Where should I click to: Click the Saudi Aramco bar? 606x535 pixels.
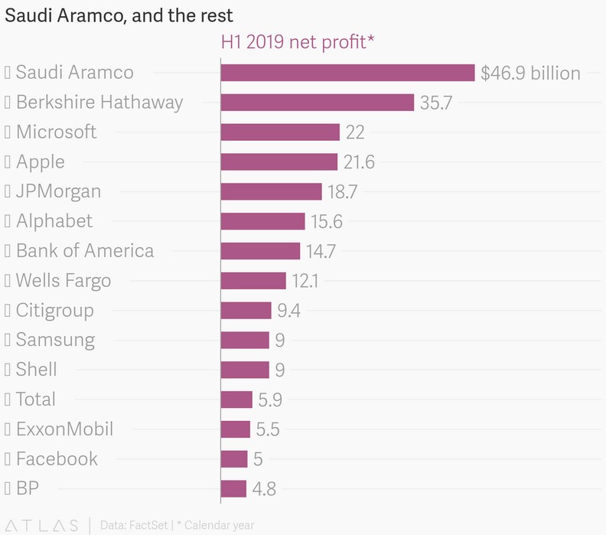[x=347, y=73]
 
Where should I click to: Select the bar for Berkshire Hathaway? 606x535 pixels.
[x=317, y=103]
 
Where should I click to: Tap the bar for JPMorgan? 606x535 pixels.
[x=271, y=191]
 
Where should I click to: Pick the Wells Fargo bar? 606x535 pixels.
[x=253, y=281]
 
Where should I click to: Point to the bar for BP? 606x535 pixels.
[x=233, y=488]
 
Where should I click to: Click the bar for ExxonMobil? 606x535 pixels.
[x=236, y=429]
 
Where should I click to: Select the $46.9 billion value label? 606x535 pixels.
[x=530, y=73]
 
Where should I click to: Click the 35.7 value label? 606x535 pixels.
[x=436, y=103]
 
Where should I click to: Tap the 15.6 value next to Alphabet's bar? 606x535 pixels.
[x=326, y=222]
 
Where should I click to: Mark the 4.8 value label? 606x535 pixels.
[x=264, y=489]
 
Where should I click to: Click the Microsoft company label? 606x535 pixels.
[x=56, y=132]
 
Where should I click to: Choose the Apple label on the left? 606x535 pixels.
[x=40, y=161]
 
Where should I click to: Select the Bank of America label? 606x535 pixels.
[x=84, y=251]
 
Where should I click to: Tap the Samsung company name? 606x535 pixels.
[x=55, y=340]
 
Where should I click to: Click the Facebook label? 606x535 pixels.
[x=57, y=458]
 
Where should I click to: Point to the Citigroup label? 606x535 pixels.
[x=54, y=310]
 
